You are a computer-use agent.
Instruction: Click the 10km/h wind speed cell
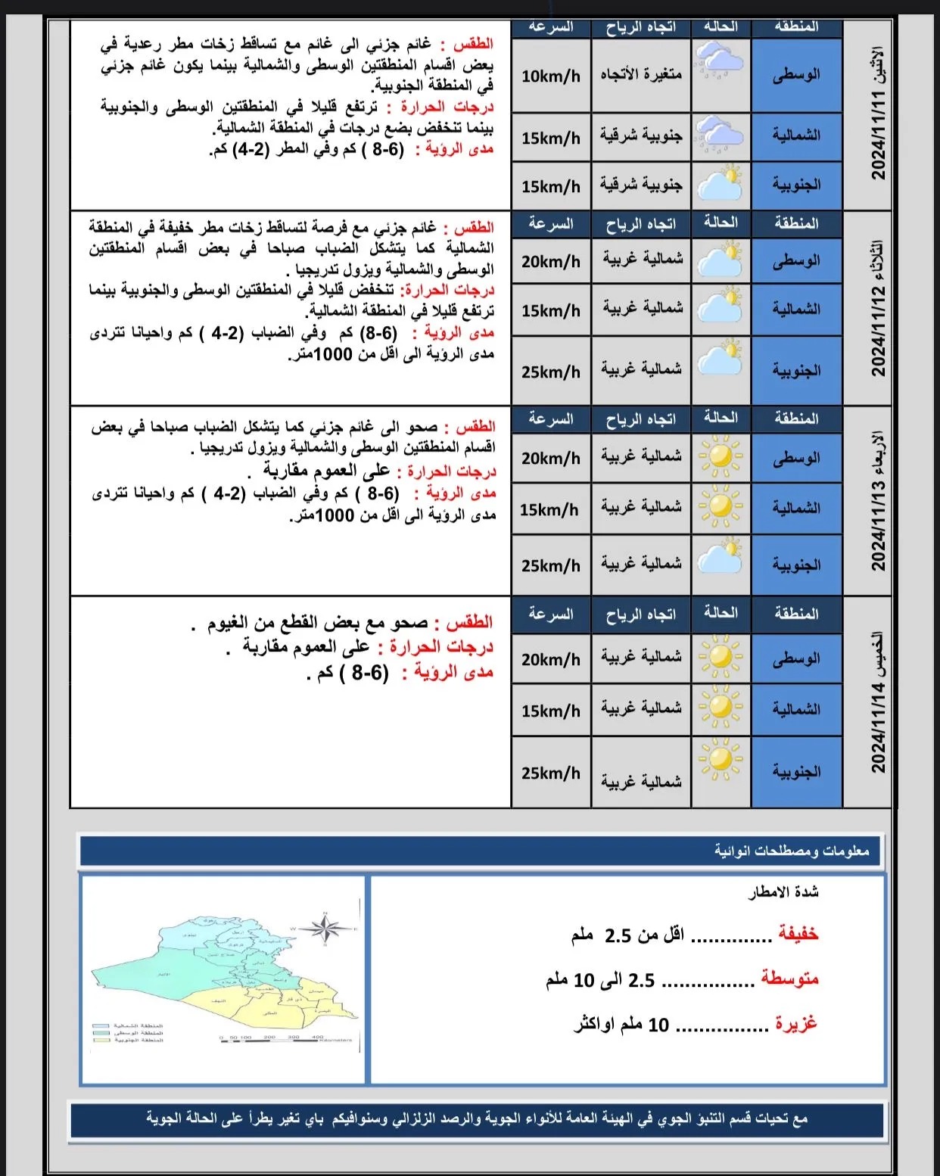(550, 76)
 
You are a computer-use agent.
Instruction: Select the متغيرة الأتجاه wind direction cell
(641, 74)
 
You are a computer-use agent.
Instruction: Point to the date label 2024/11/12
(879, 332)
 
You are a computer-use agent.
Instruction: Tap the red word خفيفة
(798, 934)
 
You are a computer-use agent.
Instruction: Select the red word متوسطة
(790, 978)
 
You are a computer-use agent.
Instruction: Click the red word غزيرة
(796, 1023)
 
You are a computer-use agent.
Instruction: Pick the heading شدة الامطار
(783, 893)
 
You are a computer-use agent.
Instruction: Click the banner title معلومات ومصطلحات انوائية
(792, 851)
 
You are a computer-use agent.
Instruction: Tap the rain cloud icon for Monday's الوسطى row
(720, 61)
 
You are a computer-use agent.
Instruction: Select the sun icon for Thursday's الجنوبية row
(720, 759)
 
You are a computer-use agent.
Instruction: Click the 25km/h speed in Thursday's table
(550, 773)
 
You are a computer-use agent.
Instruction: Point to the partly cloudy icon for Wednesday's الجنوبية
(720, 556)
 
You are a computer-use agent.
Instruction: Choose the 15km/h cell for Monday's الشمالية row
(550, 138)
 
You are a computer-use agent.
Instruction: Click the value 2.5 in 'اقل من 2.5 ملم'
(618, 935)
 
